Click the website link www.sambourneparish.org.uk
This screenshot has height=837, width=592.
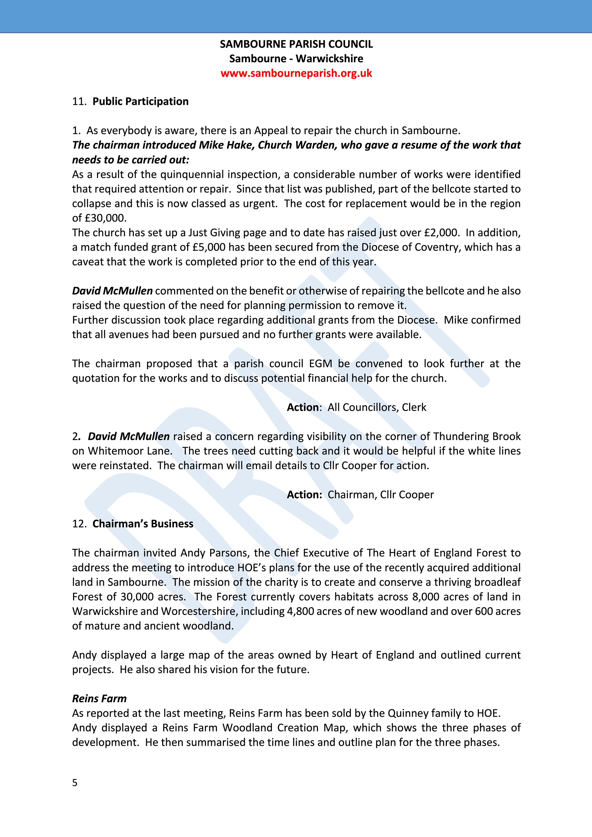(296, 73)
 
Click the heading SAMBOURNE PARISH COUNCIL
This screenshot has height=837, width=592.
(296, 44)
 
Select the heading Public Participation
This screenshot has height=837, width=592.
(140, 101)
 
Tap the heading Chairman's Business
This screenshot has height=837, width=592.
(142, 524)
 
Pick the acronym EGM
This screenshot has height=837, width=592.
(320, 363)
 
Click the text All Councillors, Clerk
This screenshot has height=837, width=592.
(376, 407)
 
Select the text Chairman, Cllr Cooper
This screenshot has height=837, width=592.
(380, 495)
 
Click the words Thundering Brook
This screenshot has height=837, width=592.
(477, 436)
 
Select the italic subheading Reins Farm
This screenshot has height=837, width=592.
(99, 699)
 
